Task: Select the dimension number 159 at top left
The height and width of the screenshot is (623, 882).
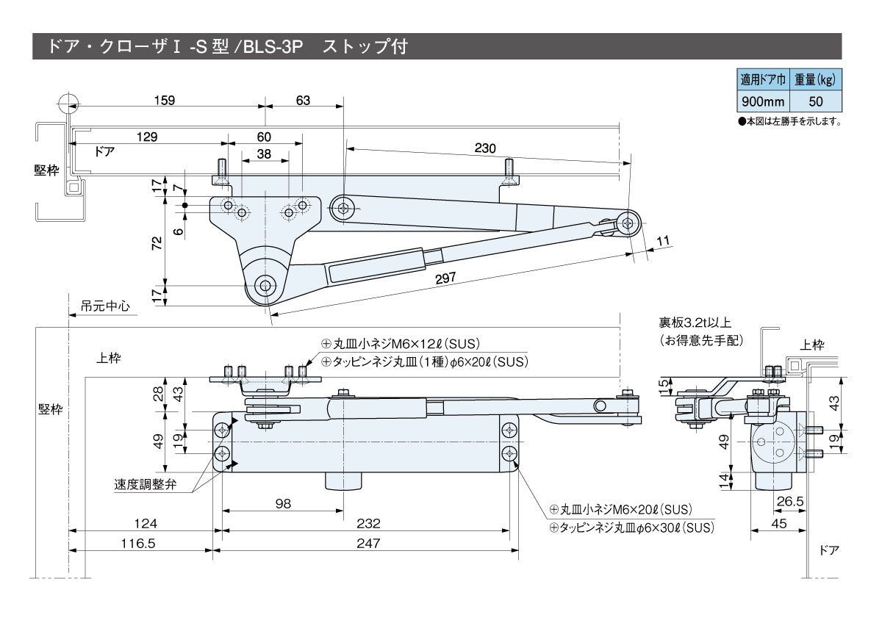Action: (x=165, y=101)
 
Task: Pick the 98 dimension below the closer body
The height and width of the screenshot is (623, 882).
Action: (x=282, y=503)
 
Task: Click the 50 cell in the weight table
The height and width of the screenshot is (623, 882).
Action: (x=816, y=101)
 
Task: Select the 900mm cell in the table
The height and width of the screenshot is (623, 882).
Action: (x=763, y=101)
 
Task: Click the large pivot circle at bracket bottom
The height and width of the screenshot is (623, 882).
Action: (x=265, y=285)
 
